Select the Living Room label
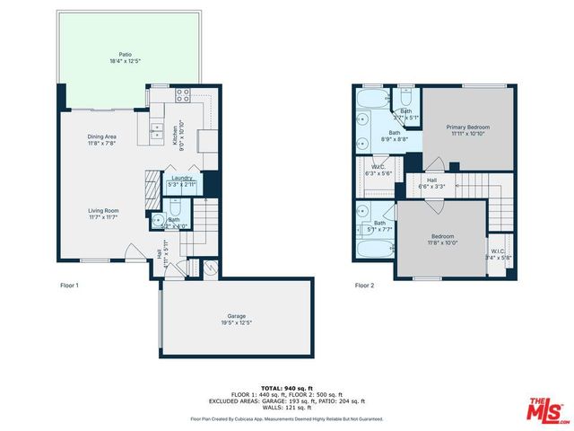[x=105, y=213]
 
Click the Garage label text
[x=237, y=319]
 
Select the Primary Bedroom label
[x=468, y=130]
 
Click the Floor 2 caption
[x=365, y=285]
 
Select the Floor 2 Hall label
[x=431, y=183]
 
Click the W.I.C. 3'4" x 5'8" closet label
[x=500, y=254]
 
